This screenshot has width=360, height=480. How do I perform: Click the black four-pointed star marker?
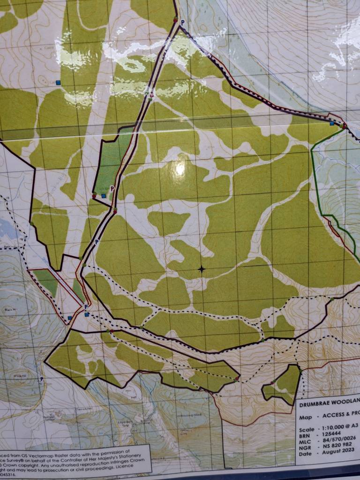pos(202,269)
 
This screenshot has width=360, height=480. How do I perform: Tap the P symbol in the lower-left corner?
pos(42,379)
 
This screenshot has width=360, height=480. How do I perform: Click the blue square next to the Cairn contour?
pos(58,82)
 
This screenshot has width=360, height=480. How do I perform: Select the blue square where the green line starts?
pos(332,124)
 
